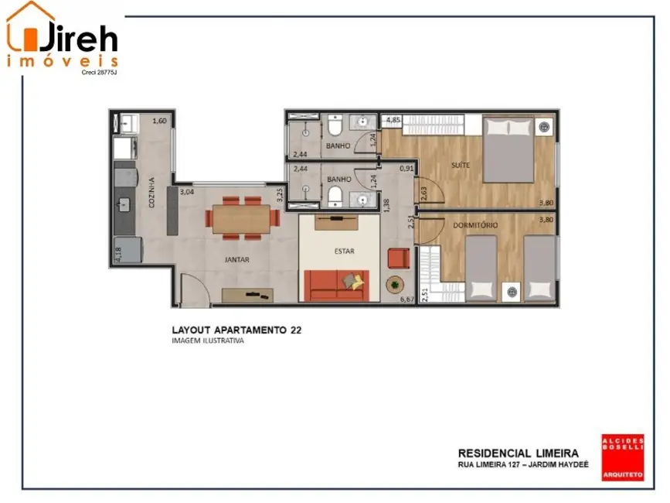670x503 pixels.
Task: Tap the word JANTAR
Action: pos(236,261)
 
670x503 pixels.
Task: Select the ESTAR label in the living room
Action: pos(344,251)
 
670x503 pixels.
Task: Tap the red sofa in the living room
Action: pos(336,285)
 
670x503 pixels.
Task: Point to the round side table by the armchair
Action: pos(396,285)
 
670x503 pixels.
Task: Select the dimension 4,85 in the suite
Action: pos(393,121)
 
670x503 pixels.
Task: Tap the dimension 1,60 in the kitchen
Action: pos(159,121)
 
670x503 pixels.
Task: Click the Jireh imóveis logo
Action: pos(63,39)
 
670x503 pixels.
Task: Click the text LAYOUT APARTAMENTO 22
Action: pos(236,330)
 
